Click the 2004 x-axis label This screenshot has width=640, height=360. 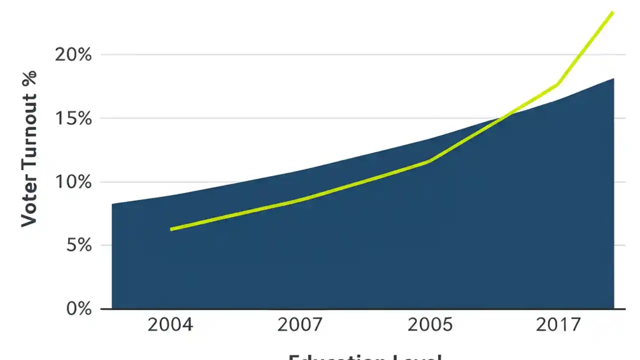tap(170, 325)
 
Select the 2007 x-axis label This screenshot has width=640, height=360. tap(300, 325)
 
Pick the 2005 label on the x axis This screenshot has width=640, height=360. tap(430, 325)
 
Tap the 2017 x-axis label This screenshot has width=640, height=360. tap(558, 325)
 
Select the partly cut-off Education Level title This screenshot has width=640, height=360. tap(365, 356)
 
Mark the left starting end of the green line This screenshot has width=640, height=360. tap(171, 229)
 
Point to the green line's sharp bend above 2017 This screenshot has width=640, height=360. tap(557, 85)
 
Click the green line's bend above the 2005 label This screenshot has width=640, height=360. tap(429, 161)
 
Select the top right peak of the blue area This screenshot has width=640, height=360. tap(613, 78)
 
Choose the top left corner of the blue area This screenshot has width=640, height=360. tap(112, 204)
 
